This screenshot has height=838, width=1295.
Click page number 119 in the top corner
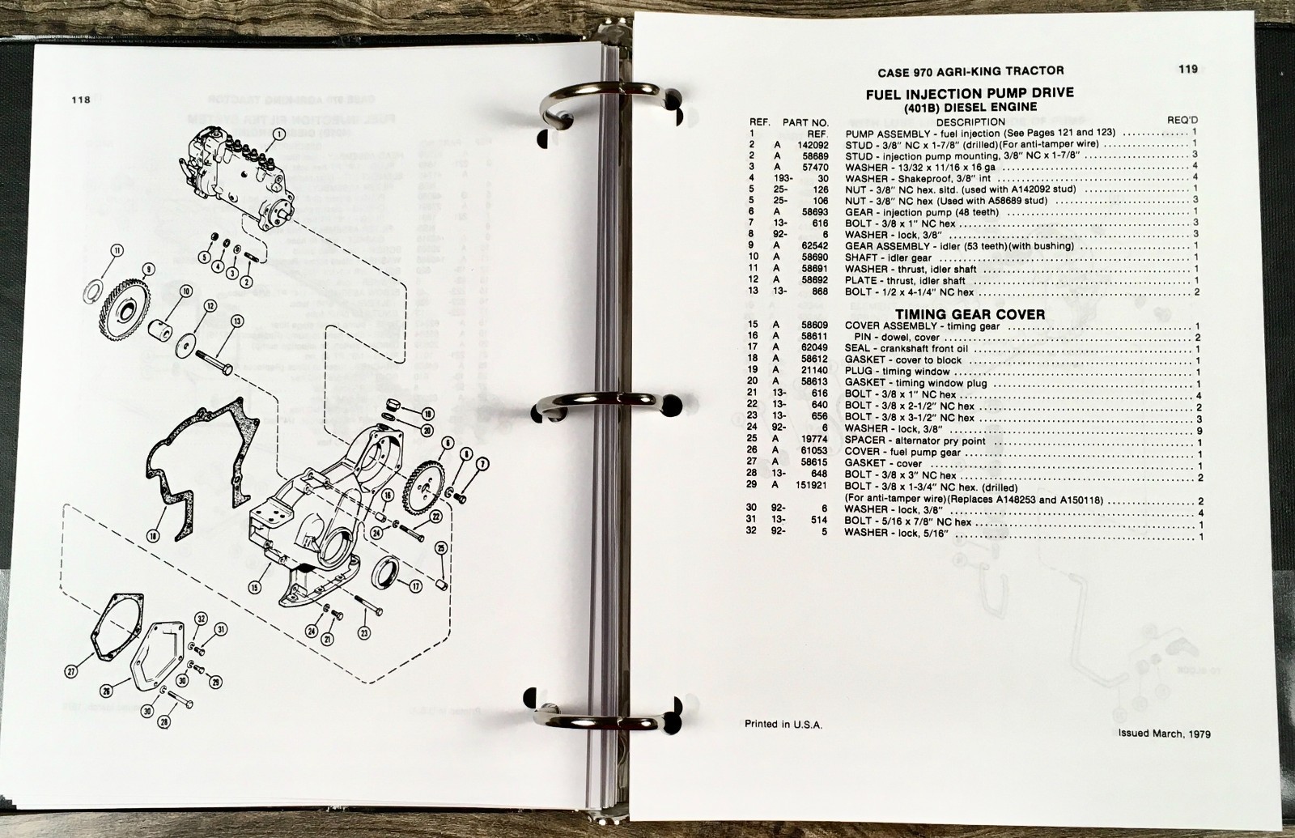[1188, 70]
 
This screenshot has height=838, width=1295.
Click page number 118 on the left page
[81, 100]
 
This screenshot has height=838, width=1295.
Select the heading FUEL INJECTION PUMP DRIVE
[970, 94]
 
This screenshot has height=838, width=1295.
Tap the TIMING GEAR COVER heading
[970, 315]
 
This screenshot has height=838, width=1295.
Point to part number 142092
[813, 145]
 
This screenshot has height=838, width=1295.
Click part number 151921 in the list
[813, 485]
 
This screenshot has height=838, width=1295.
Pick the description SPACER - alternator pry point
[915, 440]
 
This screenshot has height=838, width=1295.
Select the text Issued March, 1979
[1165, 734]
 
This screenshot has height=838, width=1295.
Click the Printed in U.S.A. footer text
[783, 725]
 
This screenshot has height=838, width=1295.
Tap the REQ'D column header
[1182, 121]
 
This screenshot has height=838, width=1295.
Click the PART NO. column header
[805, 122]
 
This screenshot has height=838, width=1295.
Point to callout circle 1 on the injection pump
[278, 134]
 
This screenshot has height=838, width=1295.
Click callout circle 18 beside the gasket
[152, 537]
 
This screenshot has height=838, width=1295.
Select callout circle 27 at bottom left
[71, 671]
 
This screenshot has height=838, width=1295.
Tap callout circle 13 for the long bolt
[237, 321]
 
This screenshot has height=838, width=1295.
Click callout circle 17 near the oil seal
[415, 586]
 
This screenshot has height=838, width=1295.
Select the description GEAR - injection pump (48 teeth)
[922, 212]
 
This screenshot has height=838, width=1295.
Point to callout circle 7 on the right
[482, 463]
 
